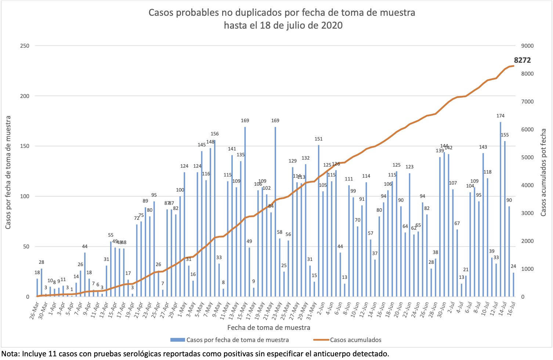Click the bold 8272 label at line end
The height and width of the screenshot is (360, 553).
pos(522,61)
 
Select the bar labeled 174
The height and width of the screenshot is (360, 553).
pos(500,209)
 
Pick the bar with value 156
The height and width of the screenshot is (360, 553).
pos(215,218)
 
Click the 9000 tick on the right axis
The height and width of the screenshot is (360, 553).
pos(524,46)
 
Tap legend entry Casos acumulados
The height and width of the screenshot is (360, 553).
pos(355,340)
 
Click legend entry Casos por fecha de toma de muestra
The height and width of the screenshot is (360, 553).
pos(237,340)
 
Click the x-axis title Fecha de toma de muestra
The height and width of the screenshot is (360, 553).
pos(268,327)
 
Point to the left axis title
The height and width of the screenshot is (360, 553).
pos(8,172)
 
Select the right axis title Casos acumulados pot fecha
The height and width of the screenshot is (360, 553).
pos(543,172)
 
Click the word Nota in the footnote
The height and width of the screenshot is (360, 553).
pos(11,354)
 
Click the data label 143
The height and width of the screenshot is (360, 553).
pos(483,147)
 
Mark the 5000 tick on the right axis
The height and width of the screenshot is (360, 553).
pos(524,157)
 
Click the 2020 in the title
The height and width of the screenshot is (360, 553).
pos(330,26)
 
